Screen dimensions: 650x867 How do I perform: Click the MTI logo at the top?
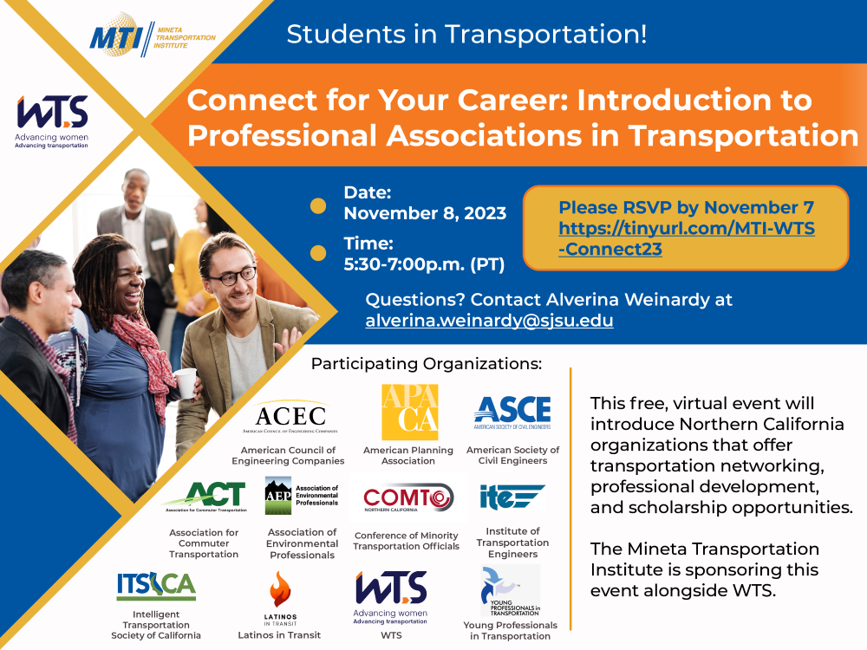click(x=153, y=36)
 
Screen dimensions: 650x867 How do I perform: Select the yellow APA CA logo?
click(x=409, y=413)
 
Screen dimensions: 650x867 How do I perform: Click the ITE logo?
click(x=512, y=498)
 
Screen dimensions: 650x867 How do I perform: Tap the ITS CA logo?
click(x=156, y=587)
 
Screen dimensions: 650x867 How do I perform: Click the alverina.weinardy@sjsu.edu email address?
click(x=489, y=321)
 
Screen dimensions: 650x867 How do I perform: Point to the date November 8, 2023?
click(x=425, y=213)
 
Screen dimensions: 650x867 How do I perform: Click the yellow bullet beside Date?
click(x=318, y=206)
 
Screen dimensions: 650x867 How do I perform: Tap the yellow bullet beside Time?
click(x=318, y=254)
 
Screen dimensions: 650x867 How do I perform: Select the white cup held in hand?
click(x=186, y=382)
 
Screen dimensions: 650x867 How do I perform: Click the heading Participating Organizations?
click(x=426, y=363)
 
